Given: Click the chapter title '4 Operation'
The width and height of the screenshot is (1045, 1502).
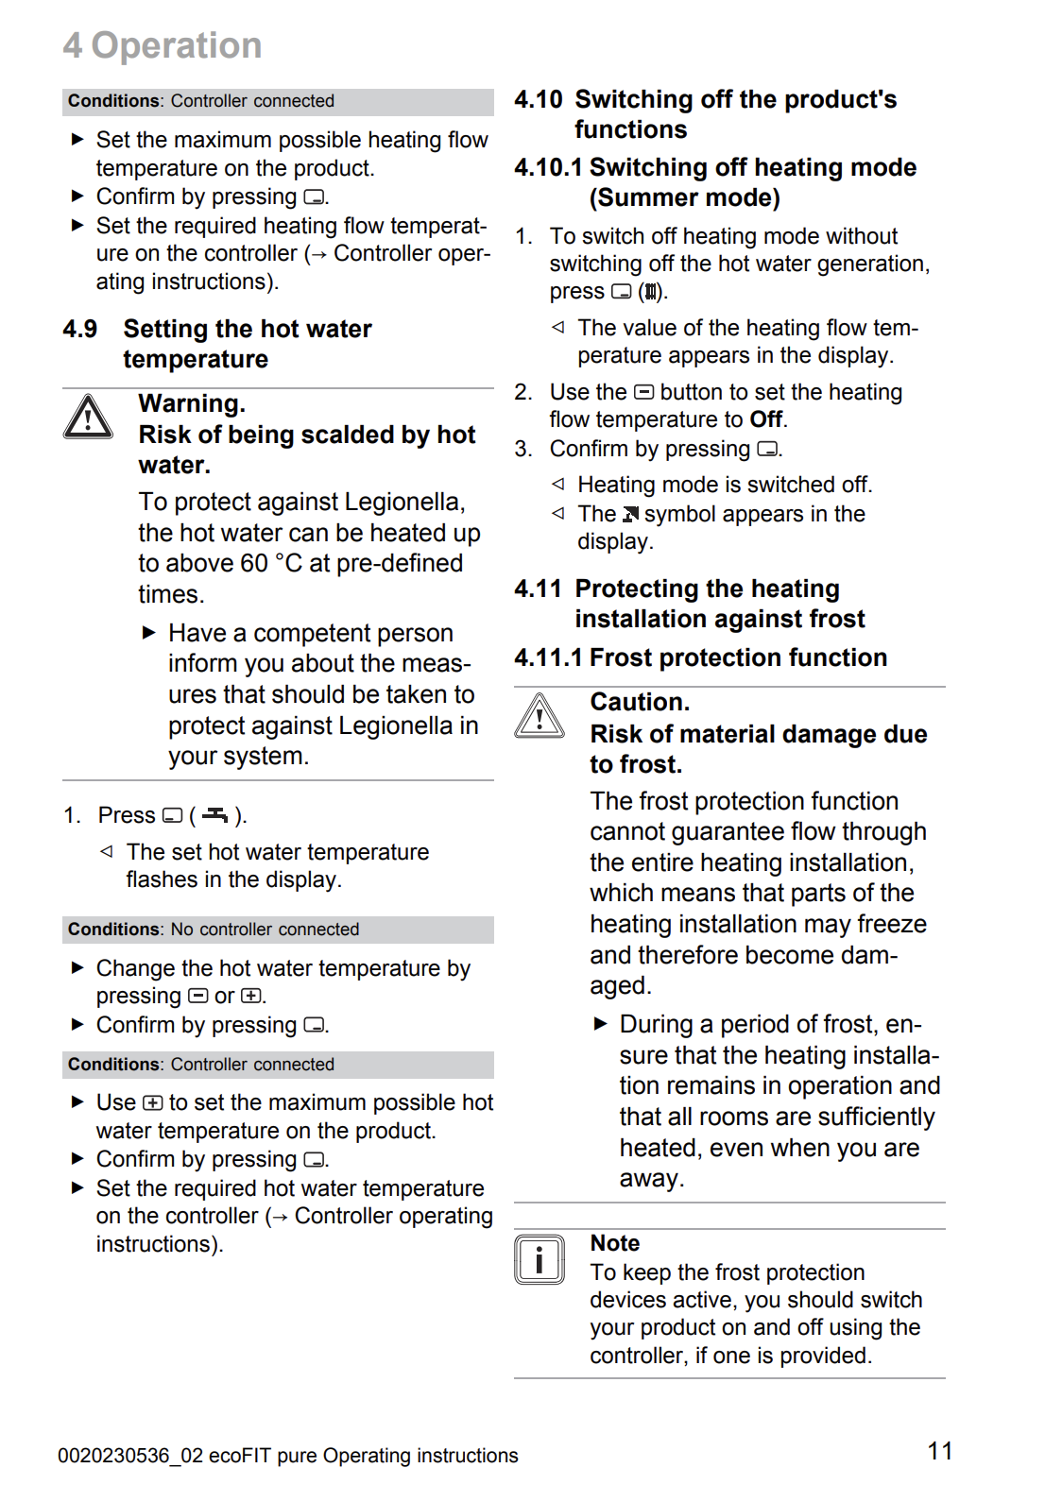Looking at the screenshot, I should pos(163,45).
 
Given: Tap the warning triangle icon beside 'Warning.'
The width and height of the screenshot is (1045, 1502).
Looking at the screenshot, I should pos(88,417).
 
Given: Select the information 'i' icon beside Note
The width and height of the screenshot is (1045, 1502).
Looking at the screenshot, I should pos(540,1259).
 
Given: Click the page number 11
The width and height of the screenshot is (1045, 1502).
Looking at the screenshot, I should pos(939,1451).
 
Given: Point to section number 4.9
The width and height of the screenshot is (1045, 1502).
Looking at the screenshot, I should pos(80,329).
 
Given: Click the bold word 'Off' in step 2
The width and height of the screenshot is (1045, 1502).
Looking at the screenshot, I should pos(765,419).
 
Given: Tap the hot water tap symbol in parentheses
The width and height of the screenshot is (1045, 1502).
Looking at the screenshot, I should pos(215,814).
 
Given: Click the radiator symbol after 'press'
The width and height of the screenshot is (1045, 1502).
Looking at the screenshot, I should pos(651,292).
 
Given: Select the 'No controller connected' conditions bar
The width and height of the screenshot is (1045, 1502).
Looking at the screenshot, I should pos(278,930).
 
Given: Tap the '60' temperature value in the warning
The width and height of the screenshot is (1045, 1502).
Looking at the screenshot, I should pos(254,563).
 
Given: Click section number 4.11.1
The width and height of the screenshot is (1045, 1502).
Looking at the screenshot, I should pos(548,657).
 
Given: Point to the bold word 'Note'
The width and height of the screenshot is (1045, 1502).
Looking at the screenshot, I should pos(615,1243).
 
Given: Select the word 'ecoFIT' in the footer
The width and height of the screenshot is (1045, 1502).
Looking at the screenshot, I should pos(240,1456).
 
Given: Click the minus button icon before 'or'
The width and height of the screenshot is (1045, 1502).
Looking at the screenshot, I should pos(198,996).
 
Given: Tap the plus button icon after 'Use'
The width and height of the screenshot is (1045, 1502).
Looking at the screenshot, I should pos(152,1102).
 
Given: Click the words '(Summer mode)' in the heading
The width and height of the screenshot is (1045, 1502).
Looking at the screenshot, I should pos(685,197).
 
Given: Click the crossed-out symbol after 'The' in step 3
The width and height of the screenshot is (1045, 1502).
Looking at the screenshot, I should pos(630,514).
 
